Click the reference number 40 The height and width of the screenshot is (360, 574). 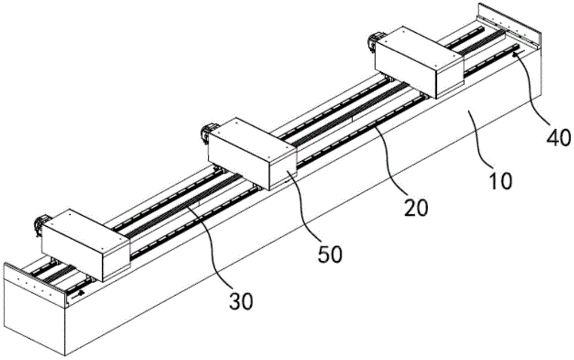[x=559, y=138]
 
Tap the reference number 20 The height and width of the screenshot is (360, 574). [x=416, y=208]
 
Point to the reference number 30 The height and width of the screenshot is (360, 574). [x=241, y=301]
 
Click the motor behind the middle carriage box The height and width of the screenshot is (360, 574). [x=207, y=133]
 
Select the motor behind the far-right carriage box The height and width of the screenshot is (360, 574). [x=375, y=41]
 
